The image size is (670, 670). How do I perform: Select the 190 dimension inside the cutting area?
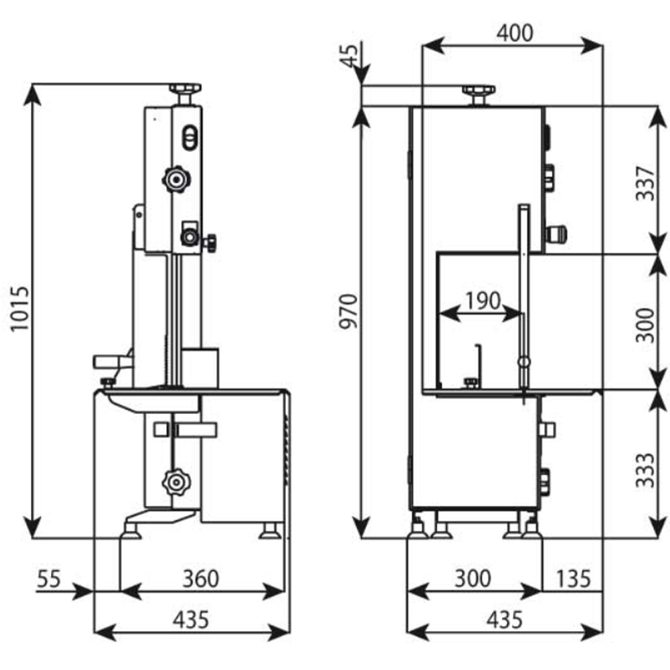(x=482, y=301)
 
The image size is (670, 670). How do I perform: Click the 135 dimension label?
(x=572, y=577)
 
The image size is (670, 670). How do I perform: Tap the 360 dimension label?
(x=200, y=577)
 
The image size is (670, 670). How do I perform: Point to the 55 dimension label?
(x=50, y=577)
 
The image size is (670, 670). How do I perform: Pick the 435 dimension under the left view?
(x=190, y=619)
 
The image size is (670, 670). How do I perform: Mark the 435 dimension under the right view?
(x=504, y=619)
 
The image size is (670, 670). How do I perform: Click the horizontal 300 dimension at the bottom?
(x=473, y=577)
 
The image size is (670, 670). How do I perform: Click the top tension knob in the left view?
(x=184, y=89)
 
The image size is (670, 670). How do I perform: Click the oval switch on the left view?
(x=189, y=135)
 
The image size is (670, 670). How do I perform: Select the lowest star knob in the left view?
(x=175, y=480)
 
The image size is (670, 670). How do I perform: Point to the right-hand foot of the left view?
(x=271, y=531)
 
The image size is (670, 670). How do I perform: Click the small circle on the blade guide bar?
(x=523, y=362)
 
